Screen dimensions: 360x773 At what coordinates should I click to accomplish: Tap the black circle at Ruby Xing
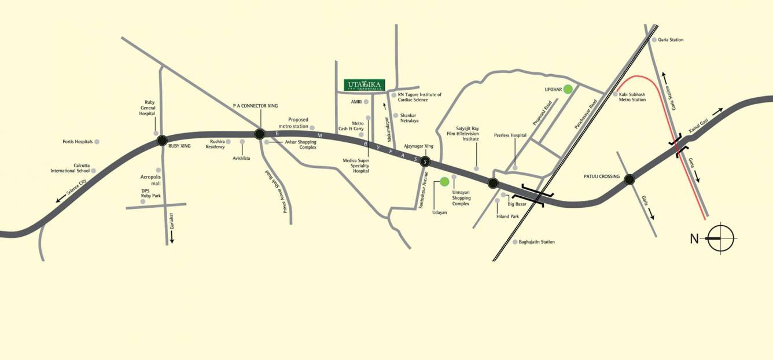[x=162, y=139]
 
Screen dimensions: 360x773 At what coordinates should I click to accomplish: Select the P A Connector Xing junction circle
[x=260, y=134]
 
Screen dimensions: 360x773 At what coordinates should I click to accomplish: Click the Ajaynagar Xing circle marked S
[x=426, y=162]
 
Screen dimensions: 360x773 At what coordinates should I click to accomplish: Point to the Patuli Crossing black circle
[x=630, y=180]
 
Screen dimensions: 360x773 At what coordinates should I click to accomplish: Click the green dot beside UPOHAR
[x=568, y=89]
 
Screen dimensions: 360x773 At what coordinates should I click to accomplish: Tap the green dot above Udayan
[x=444, y=182]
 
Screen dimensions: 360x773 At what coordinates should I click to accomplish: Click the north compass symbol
[x=720, y=238]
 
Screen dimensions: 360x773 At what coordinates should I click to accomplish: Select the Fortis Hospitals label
[x=77, y=142]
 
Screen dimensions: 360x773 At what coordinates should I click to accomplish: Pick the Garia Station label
[x=671, y=40]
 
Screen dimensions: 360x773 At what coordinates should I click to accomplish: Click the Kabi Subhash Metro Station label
[x=632, y=97]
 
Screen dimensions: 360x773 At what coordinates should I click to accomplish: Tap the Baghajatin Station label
[x=537, y=242]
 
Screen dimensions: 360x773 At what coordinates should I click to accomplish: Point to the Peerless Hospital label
[x=510, y=135]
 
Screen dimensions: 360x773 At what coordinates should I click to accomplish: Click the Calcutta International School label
[x=70, y=168]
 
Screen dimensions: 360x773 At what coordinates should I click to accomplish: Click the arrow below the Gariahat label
[x=172, y=237]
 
